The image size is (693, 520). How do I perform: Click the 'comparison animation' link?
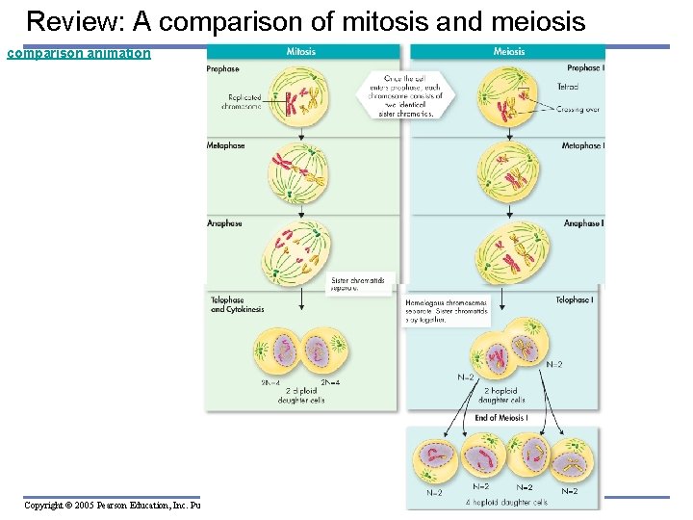point(79,53)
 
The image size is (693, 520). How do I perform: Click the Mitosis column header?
point(301,51)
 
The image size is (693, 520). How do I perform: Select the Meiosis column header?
point(509,51)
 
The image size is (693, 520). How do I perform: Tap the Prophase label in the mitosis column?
point(223,69)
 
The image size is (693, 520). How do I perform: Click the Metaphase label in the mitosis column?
point(226,146)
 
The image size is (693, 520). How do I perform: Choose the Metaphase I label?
point(582,146)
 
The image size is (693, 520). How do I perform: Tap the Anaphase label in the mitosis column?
point(224,223)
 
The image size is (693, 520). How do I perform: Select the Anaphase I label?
point(583,223)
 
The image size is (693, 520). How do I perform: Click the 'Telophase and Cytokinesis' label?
point(237,304)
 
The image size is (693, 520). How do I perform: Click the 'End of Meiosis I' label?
point(501,417)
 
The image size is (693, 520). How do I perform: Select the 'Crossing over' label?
point(577,110)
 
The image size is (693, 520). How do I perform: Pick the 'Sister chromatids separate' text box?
point(357,284)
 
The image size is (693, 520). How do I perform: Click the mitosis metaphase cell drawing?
point(296,171)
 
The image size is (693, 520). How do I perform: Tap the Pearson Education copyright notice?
point(112,505)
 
